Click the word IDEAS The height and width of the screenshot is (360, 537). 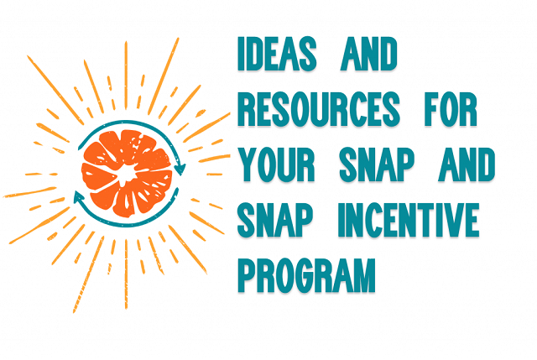pyautogui.click(x=277, y=54)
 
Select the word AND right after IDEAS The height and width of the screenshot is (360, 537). pyautogui.click(x=369, y=54)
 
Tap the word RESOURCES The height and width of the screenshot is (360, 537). pyautogui.click(x=319, y=109)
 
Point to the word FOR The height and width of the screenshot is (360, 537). pyautogui.click(x=451, y=109)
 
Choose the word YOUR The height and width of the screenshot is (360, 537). pyautogui.click(x=276, y=164)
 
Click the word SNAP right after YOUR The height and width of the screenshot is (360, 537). pyautogui.click(x=377, y=164)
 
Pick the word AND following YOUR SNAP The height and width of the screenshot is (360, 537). pyautogui.click(x=467, y=164)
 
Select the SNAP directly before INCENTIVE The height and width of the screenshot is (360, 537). pyautogui.click(x=275, y=220)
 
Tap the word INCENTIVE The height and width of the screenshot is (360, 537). pyautogui.click(x=409, y=220)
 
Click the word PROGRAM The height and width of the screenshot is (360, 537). pyautogui.click(x=306, y=275)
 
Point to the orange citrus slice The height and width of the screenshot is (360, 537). pyautogui.click(x=127, y=173)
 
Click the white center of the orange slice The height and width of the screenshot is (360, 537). pyautogui.click(x=125, y=174)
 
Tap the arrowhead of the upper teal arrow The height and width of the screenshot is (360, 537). pyautogui.click(x=180, y=169)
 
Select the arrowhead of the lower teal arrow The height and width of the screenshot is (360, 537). pyautogui.click(x=79, y=196)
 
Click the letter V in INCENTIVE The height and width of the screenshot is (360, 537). pyautogui.click(x=451, y=220)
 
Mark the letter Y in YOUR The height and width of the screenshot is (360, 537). pyautogui.click(x=248, y=164)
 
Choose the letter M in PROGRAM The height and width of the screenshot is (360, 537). pyautogui.click(x=362, y=275)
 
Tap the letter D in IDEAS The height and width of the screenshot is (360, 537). pyautogui.click(x=256, y=54)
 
